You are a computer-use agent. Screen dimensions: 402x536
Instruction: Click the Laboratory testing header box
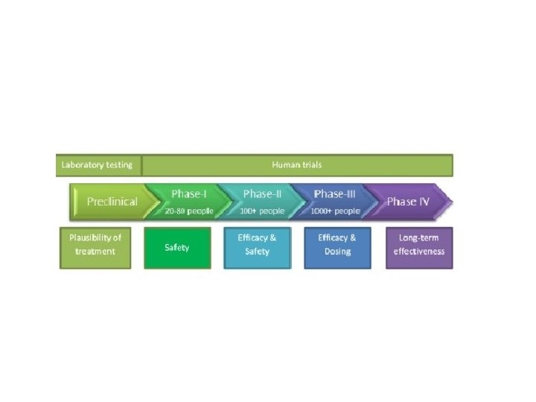(x=98, y=165)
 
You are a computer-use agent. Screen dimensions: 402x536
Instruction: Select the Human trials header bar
(x=297, y=165)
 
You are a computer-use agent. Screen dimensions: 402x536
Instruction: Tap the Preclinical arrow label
(x=112, y=202)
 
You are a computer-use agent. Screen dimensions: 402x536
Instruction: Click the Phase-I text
(x=189, y=194)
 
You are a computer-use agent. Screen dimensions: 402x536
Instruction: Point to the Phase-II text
(x=262, y=194)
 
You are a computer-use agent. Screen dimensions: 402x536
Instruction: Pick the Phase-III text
(x=339, y=194)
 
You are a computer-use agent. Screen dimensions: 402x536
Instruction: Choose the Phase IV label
(x=408, y=202)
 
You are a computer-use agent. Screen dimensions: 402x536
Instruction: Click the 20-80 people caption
(x=189, y=211)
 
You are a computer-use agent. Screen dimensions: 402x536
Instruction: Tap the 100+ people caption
(x=263, y=211)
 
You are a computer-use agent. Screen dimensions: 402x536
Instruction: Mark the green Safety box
(x=177, y=248)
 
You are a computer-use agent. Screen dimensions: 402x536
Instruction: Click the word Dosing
(x=337, y=252)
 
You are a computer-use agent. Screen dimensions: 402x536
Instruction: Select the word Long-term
(x=419, y=238)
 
